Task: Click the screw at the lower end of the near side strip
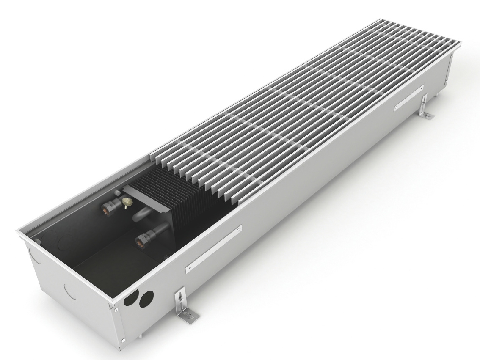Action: point(190,267)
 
